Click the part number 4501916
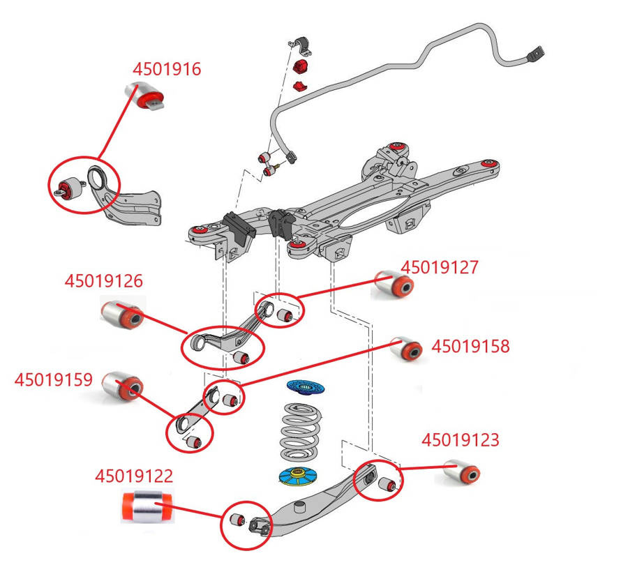coord(167,69)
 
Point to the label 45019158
coord(470,345)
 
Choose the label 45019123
coord(460,439)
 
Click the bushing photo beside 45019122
coord(147,507)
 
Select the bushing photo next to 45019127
coord(396,284)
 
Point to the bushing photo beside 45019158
coord(408,349)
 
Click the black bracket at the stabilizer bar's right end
coord(536,54)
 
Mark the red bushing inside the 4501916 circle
coord(69,189)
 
